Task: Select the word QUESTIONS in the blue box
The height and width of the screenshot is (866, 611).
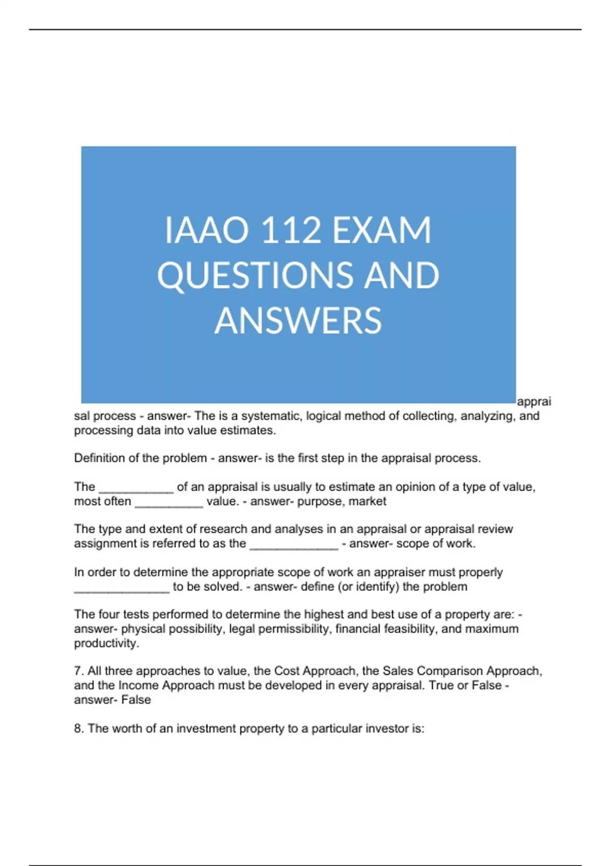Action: [x=253, y=276]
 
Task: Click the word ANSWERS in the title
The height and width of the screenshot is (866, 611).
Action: [x=298, y=320]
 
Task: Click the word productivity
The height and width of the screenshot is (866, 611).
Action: [x=106, y=643]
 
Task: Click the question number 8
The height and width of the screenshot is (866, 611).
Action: [x=78, y=728]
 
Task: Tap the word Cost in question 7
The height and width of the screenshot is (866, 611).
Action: [x=287, y=671]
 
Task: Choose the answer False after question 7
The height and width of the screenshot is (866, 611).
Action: [x=136, y=700]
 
